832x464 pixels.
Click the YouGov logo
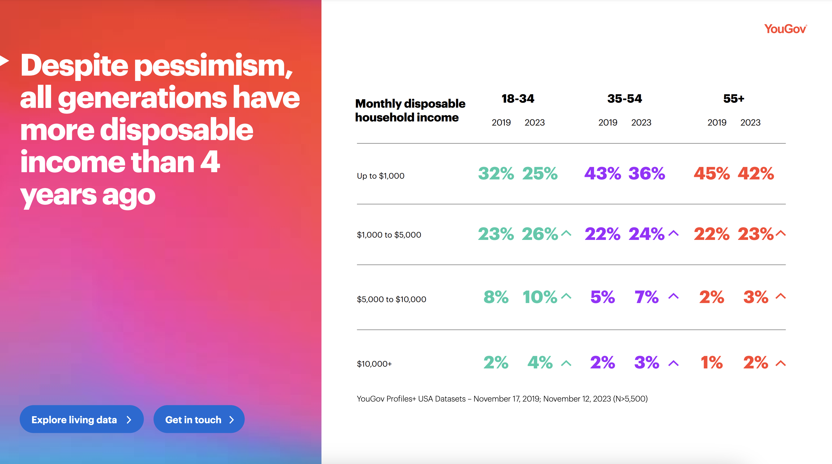(x=785, y=29)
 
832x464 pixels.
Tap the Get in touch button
(x=199, y=419)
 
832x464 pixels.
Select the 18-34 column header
(x=518, y=99)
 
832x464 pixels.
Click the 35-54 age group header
(x=624, y=99)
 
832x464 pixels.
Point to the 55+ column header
(x=733, y=99)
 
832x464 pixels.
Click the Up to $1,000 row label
(x=380, y=176)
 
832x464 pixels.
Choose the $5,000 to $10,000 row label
(x=391, y=299)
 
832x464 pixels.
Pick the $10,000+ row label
(x=374, y=364)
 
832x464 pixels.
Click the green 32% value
(x=496, y=174)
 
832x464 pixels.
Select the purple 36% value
(x=647, y=174)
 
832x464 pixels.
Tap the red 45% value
(x=712, y=174)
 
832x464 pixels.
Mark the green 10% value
(x=540, y=297)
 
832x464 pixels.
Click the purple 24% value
(x=646, y=234)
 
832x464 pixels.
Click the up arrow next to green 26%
(x=566, y=233)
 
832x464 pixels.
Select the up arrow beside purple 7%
(x=673, y=296)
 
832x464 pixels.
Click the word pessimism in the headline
(x=213, y=66)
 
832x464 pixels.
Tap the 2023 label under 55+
(x=750, y=123)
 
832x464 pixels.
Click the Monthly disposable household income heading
(x=410, y=110)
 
